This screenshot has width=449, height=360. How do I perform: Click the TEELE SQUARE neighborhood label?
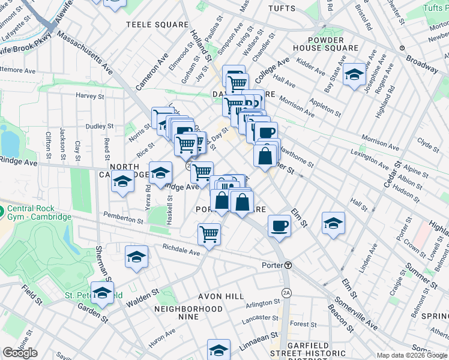pos(157,25)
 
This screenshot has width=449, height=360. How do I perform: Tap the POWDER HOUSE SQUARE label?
pos(326,43)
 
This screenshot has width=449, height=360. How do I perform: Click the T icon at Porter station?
pos(288,265)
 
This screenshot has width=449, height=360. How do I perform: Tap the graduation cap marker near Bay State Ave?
pos(355,75)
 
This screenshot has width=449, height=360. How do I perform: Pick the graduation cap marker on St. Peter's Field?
pos(103,293)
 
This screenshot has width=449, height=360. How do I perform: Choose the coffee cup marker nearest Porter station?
pos(279,226)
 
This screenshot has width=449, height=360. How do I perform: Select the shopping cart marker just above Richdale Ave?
pos(209,233)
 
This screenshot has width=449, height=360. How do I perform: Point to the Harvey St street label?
pos(89,96)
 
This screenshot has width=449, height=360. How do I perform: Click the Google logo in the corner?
pos(20,353)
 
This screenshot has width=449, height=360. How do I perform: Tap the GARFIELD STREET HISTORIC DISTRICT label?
pos(307,349)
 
